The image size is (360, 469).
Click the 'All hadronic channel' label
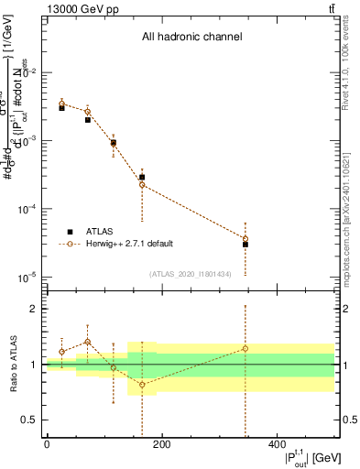point(191,38)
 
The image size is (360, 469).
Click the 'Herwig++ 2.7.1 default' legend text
point(130,244)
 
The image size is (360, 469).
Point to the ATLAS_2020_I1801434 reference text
point(190,274)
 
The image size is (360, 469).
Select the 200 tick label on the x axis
point(161,444)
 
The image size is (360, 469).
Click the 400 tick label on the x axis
point(276,444)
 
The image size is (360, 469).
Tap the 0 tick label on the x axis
point(47,444)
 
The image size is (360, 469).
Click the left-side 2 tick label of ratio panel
point(34,309)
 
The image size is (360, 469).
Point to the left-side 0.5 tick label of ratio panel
point(30,420)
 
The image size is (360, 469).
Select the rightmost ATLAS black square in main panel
point(245,245)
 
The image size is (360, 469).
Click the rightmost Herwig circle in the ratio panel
point(245,348)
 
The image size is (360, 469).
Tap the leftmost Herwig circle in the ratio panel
point(62,352)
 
